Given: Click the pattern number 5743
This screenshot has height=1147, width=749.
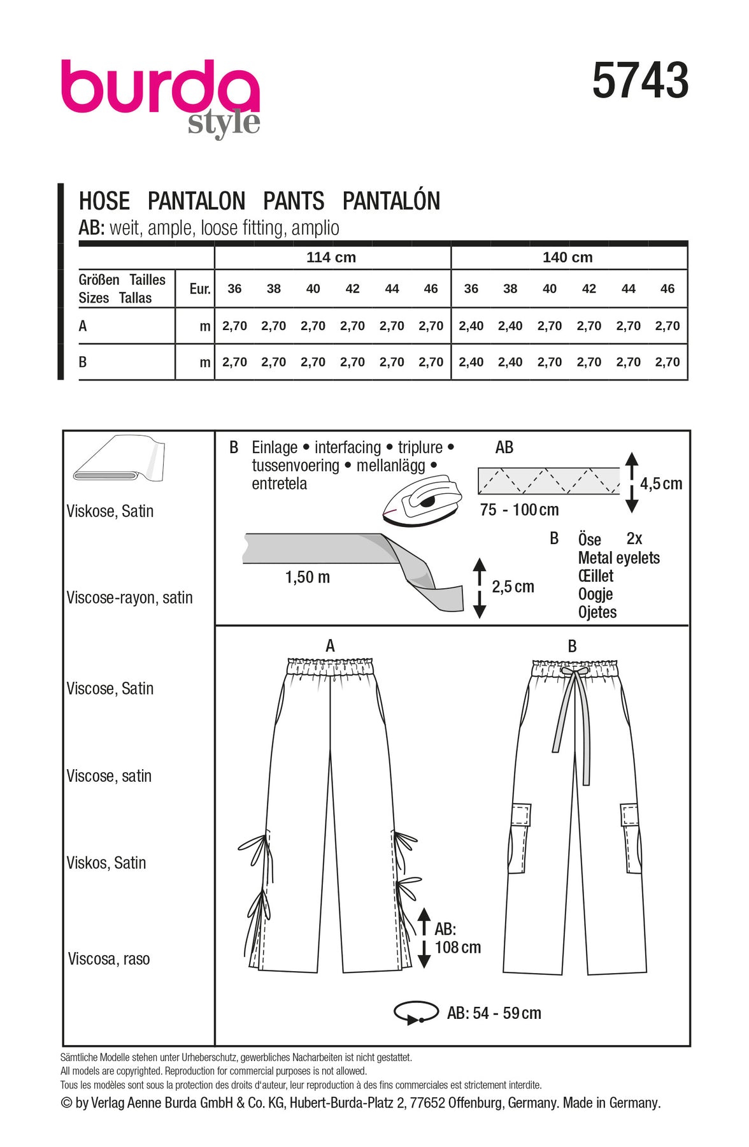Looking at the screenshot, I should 640,81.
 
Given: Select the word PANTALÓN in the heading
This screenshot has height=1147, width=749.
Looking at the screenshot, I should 391,201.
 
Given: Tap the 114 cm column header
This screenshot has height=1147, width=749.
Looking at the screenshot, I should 331,257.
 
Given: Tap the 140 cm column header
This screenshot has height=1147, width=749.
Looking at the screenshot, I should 567,257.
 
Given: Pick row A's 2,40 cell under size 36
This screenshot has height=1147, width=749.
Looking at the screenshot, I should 471,326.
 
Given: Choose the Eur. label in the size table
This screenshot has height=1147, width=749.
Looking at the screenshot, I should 199,289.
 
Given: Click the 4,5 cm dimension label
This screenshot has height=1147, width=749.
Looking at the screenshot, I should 661,484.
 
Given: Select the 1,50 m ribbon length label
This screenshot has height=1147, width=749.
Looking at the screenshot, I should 308,577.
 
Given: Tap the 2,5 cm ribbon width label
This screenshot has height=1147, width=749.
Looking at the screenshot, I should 513,587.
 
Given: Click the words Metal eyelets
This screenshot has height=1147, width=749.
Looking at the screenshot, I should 618,558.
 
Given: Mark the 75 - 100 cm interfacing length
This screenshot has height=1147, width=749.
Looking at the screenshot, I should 519,510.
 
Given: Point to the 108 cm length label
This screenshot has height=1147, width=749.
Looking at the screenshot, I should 458,948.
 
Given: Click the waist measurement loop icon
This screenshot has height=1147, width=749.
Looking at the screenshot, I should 416,1013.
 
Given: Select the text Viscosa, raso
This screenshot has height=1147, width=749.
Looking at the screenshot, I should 109,959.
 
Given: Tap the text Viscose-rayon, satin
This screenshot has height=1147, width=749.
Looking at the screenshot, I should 129,598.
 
